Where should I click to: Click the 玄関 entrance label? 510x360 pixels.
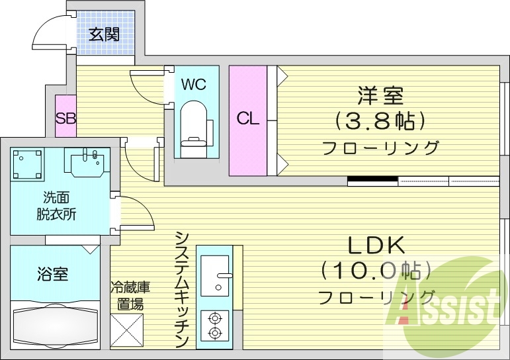coord(105,34)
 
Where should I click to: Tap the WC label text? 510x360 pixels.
coord(194,84)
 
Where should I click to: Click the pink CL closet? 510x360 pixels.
coord(248,119)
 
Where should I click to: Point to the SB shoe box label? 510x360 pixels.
coord(65,119)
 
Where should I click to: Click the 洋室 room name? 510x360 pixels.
coord(380,96)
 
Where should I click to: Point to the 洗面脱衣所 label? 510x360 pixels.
coord(56,205)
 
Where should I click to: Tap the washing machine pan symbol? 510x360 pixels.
coord(27,163)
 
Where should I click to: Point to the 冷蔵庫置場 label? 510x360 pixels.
coord(130,296)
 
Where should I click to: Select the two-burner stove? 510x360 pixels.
coord(214,326)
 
